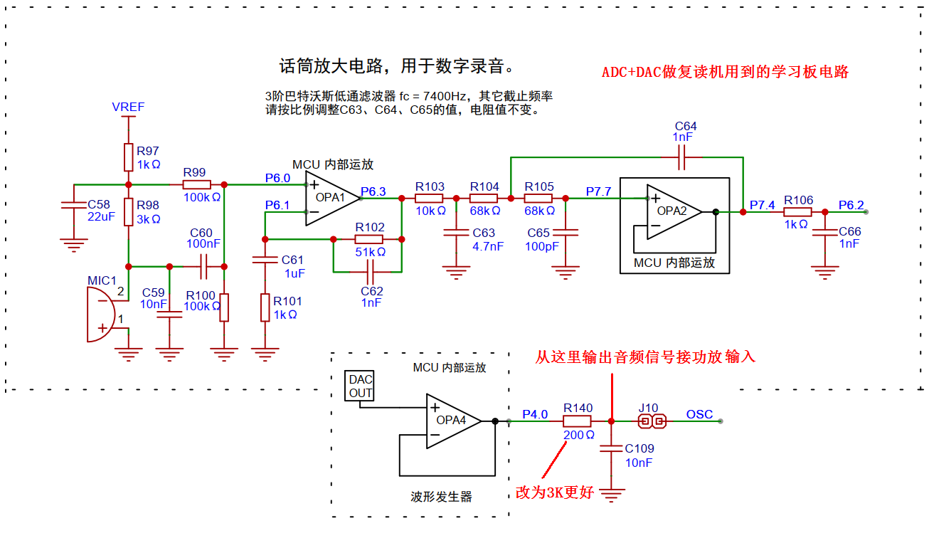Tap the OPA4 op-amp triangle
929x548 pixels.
[x=451, y=421]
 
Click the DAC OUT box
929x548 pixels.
[x=361, y=386]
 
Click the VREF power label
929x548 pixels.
[x=128, y=107]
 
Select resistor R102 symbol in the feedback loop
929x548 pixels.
[x=369, y=240]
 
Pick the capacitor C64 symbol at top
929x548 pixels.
[x=682, y=157]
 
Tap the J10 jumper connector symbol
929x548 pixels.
[x=652, y=421]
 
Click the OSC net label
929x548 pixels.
[x=700, y=414]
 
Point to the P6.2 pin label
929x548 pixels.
[x=851, y=206]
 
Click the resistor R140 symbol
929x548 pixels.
[x=577, y=421]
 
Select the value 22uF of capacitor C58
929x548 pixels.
[x=100, y=217]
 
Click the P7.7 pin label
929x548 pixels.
[x=598, y=191]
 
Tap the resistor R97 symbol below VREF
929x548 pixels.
[x=128, y=157]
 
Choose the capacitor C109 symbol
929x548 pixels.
[x=611, y=449]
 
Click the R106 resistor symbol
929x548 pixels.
[x=797, y=212]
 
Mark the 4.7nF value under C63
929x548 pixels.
[x=488, y=246]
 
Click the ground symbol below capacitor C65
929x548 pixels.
[x=566, y=271]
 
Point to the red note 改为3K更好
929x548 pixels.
[x=554, y=492]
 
